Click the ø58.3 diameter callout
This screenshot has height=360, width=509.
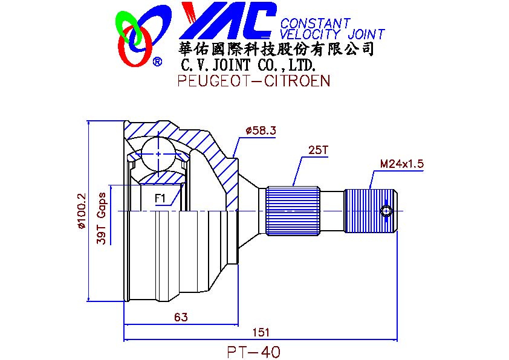tap(261, 130)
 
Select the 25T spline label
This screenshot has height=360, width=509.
tap(317, 150)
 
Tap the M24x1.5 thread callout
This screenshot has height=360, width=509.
tap(401, 164)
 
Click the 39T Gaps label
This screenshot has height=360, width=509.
tap(102, 218)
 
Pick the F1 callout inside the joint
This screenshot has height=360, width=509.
tap(161, 198)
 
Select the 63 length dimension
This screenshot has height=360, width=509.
tap(180, 317)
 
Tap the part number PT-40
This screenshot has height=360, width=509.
tap(254, 351)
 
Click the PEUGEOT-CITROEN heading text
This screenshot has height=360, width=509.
tap(254, 81)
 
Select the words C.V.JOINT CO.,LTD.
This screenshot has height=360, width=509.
tap(248, 65)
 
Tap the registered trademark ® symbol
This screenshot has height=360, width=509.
tap(157, 62)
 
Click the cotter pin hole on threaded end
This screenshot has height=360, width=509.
tap(386, 210)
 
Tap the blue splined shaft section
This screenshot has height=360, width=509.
tap(293, 210)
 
